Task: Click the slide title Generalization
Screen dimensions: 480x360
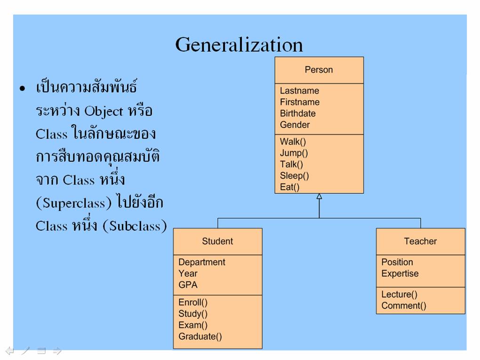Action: click(239, 45)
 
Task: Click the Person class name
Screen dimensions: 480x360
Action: click(319, 70)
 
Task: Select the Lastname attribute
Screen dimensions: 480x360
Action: click(299, 91)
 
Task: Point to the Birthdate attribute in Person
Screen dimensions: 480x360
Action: click(297, 113)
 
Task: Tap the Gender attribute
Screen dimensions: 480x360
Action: click(295, 125)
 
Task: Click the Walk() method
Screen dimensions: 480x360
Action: click(293, 142)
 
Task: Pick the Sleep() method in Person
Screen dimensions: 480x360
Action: click(294, 176)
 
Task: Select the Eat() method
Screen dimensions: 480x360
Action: click(289, 187)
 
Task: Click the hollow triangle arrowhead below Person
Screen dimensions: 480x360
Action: click(319, 196)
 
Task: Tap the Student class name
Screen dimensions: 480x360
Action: click(217, 241)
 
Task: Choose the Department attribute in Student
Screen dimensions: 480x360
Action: click(202, 262)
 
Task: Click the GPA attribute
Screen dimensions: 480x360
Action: click(188, 285)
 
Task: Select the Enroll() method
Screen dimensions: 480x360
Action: click(193, 303)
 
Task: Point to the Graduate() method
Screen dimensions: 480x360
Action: click(200, 336)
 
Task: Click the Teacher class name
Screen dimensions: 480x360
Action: click(420, 241)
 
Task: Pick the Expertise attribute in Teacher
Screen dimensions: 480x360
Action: click(400, 273)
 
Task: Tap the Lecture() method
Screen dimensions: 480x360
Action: click(399, 295)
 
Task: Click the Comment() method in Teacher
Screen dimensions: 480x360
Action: click(404, 305)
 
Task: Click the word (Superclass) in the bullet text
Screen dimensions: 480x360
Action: click(74, 203)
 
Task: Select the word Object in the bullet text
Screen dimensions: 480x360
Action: click(104, 112)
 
